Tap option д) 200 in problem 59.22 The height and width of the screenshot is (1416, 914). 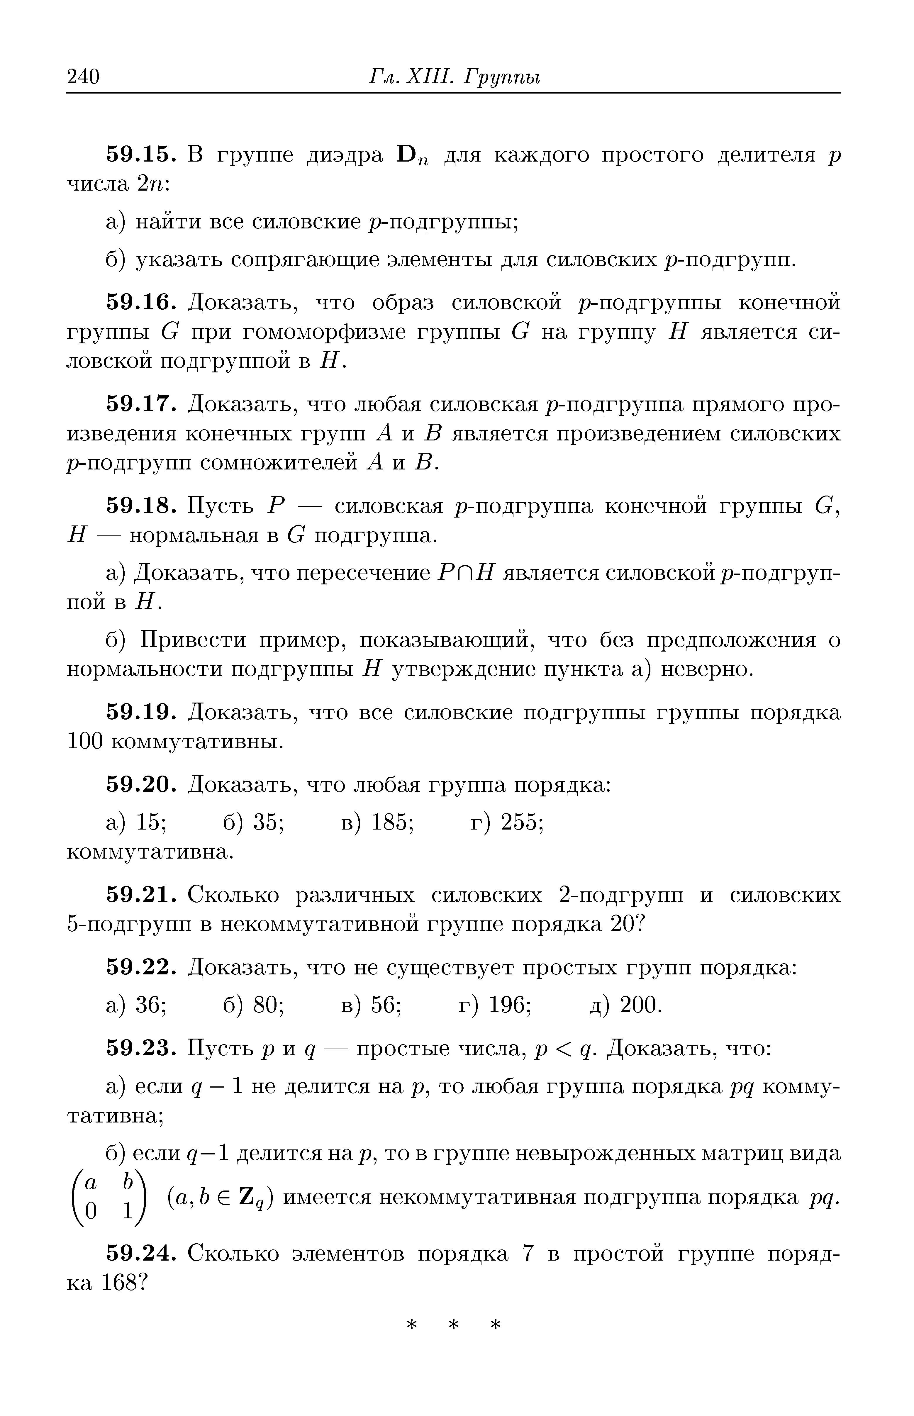click(x=625, y=1005)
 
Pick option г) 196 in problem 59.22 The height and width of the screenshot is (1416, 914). click(x=495, y=1005)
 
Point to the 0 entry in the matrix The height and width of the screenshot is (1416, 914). click(x=90, y=1211)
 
